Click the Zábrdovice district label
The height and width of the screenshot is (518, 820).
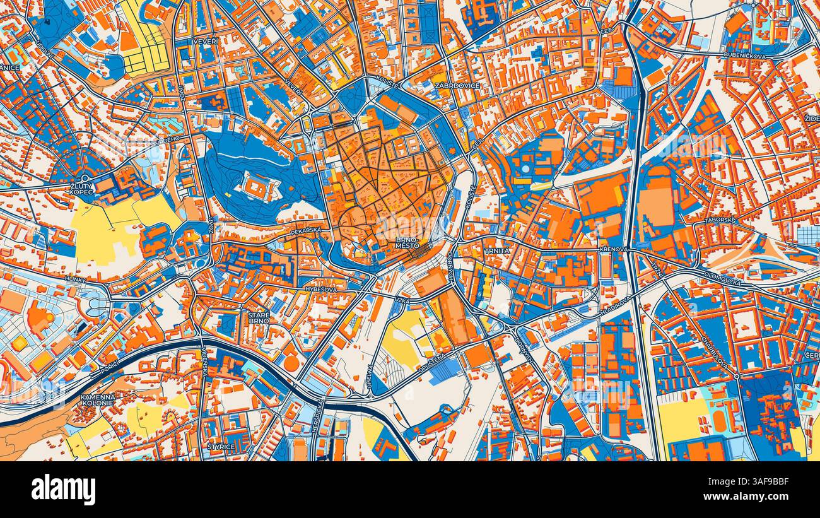pyautogui.click(x=457, y=85)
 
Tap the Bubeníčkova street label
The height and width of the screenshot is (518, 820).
pyautogui.click(x=744, y=56)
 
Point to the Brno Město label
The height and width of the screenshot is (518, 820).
pyautogui.click(x=407, y=243)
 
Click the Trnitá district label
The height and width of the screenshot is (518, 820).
pyautogui.click(x=496, y=250)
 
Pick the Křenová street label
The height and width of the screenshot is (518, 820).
pyautogui.click(x=613, y=250)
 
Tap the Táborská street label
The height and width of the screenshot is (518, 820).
pyautogui.click(x=720, y=220)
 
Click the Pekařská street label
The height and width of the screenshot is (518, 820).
pyautogui.click(x=307, y=232)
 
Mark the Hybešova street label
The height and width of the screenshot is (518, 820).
pyautogui.click(x=320, y=288)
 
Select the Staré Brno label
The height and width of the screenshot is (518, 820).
pyautogui.click(x=259, y=317)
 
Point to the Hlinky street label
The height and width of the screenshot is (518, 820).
pyautogui.click(x=74, y=278)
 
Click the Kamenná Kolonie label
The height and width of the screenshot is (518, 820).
pyautogui.click(x=98, y=400)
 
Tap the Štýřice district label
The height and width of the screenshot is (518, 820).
pyautogui.click(x=221, y=447)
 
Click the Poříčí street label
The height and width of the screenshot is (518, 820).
pyautogui.click(x=109, y=367)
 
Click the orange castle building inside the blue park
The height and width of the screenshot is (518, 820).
pyautogui.click(x=257, y=187)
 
